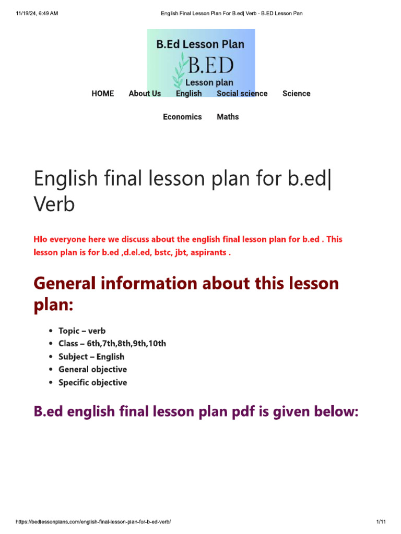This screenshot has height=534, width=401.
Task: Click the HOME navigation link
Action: [x=102, y=93]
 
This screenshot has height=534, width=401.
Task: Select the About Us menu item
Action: [x=145, y=93]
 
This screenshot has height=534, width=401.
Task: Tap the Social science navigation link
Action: [x=242, y=93]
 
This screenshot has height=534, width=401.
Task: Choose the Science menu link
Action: [x=296, y=93]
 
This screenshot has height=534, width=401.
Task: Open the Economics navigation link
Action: [x=182, y=117]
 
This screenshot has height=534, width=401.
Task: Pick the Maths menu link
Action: [x=228, y=117]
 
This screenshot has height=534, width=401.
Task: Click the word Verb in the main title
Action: [x=54, y=204]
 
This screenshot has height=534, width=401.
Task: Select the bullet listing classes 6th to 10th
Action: [x=112, y=344]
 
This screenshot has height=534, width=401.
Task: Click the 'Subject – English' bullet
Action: [x=91, y=357]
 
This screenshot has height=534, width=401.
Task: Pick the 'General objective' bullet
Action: [x=92, y=369]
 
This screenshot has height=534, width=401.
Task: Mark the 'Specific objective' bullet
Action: [x=92, y=382]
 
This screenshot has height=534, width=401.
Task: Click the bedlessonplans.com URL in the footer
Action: [x=93, y=521]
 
